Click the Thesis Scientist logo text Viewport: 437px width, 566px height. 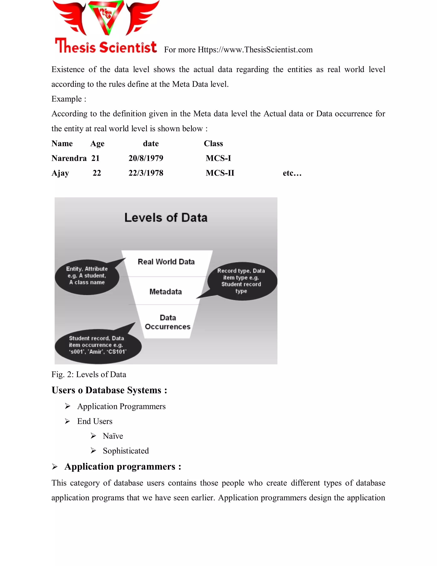pos(106,46)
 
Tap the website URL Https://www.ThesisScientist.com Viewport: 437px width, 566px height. pos(255,50)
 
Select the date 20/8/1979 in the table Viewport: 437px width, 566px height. pos(146,158)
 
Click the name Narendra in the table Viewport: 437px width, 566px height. pos(69,158)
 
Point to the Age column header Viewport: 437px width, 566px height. pos(97,144)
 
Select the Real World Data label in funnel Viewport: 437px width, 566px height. pos(166,262)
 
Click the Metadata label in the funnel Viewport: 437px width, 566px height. pos(166,292)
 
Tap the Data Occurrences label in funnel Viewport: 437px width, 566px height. pos(168,322)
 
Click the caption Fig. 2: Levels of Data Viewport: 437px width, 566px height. pos(89,374)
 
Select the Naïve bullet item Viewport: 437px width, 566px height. pos(113,436)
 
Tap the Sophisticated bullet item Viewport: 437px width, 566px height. pos(126,451)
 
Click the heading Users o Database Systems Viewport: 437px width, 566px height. pos(109,390)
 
